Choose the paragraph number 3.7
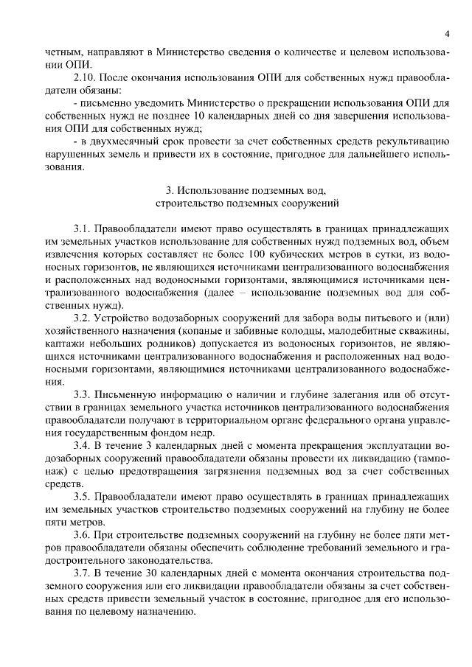tap(82, 573)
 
